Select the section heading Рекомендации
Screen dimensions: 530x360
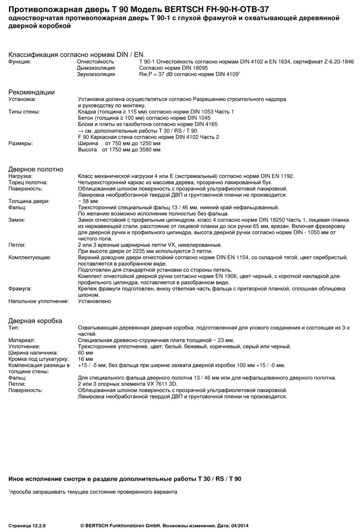click(x=32, y=92)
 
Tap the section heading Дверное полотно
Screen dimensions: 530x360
click(x=35, y=169)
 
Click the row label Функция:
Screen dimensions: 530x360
click(x=20, y=61)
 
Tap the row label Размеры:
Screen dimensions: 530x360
click(x=20, y=143)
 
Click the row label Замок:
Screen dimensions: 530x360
click(x=18, y=220)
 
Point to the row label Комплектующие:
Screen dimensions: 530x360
click(x=29, y=258)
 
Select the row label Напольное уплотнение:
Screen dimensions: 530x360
click(x=39, y=301)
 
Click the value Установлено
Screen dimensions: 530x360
click(x=95, y=301)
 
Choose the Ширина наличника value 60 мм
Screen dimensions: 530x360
click(x=86, y=352)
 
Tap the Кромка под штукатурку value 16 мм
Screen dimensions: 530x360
click(x=86, y=359)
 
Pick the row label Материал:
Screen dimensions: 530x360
click(x=22, y=340)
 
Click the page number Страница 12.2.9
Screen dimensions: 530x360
click(x=30, y=523)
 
